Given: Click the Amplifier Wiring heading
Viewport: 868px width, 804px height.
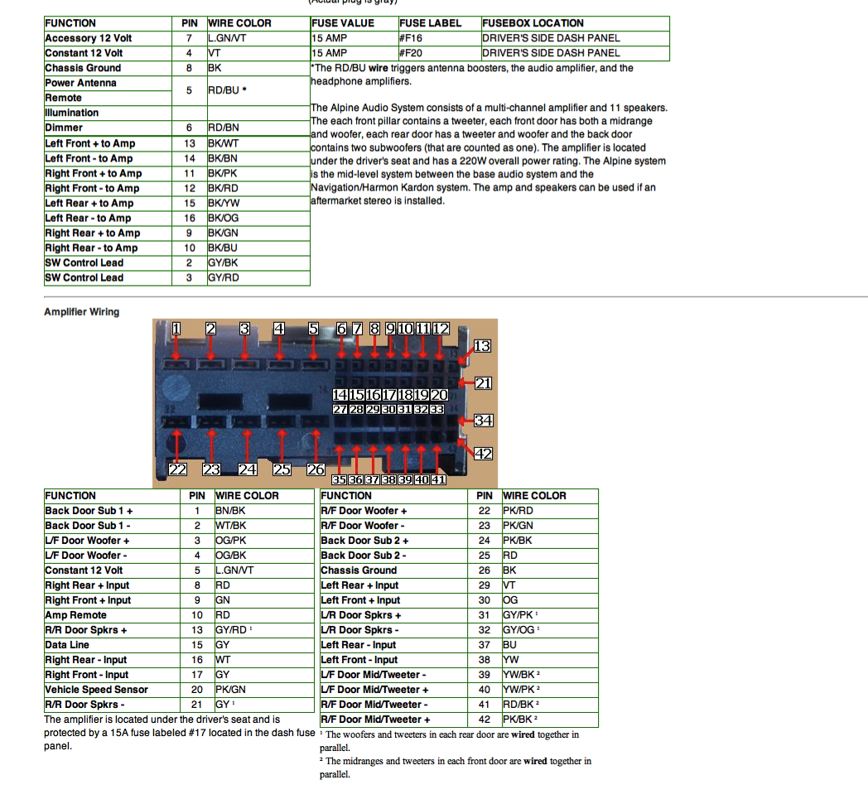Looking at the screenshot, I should (81, 312).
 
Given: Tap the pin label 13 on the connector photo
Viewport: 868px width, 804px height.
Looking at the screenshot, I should (482, 346).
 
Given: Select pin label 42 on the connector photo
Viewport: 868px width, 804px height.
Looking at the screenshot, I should (482, 454).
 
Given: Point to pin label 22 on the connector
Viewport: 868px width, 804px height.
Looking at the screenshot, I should (177, 469).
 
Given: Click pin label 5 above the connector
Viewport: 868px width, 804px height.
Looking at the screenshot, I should (313, 329).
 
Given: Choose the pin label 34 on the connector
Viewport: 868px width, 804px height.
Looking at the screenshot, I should (483, 421).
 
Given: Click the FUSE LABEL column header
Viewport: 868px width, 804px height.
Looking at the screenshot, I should (430, 23).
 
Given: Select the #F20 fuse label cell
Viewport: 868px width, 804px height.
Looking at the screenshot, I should (412, 53).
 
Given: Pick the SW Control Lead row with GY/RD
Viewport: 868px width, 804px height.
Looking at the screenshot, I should (84, 277).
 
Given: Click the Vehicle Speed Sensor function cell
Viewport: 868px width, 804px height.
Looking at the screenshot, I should (96, 690).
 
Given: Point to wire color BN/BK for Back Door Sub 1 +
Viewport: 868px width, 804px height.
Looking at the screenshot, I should (229, 511).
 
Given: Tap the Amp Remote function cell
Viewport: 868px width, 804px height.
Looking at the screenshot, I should (75, 615).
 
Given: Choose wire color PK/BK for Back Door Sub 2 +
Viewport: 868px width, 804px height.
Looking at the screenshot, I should (518, 541).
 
